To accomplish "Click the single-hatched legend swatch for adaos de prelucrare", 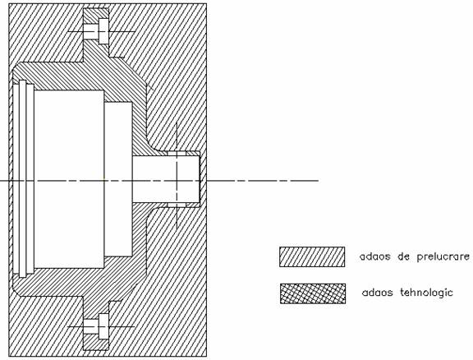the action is [312, 256].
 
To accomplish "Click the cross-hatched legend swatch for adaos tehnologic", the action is [313, 293].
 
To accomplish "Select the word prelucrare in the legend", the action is [443, 257].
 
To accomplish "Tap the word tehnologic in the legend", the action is [426, 293].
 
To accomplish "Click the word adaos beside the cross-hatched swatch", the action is [378, 293].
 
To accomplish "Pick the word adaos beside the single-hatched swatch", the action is [375, 256].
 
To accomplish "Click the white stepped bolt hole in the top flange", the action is [96, 31].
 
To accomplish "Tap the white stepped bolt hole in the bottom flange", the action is [96, 326].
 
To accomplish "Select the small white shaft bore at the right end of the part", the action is [166, 181].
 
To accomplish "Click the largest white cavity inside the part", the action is [69, 179].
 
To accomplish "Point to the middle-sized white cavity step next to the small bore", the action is [118, 179].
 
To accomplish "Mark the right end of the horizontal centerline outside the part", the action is [319, 181].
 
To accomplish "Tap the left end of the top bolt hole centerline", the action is [68, 31].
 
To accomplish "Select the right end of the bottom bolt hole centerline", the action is [134, 326].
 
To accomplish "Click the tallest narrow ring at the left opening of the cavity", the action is [23, 178].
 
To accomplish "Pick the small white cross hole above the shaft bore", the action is [177, 154].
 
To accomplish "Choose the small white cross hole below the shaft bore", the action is [177, 205].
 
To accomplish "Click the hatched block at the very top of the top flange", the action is [96, 14].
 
